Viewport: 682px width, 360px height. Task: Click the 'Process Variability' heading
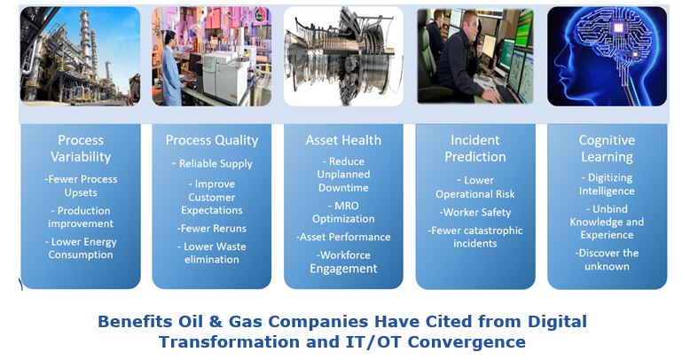pyautogui.click(x=81, y=148)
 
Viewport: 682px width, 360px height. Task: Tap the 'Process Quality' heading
pyautogui.click(x=212, y=140)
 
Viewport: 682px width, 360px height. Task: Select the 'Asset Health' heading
pyautogui.click(x=343, y=140)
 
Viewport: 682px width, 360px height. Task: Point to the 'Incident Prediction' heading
pyautogui.click(x=475, y=148)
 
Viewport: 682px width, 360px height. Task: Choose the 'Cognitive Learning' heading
pyautogui.click(x=607, y=148)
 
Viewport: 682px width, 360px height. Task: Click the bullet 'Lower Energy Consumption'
pyautogui.click(x=81, y=248)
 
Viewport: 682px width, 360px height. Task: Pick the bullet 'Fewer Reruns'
pyautogui.click(x=212, y=228)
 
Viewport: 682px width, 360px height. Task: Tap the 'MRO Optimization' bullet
pyautogui.click(x=343, y=212)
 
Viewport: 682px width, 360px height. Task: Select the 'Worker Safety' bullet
pyautogui.click(x=475, y=212)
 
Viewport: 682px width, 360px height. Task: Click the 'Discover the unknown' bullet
pyautogui.click(x=607, y=260)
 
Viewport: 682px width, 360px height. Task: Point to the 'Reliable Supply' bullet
pyautogui.click(x=212, y=163)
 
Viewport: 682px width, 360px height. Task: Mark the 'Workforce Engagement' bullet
pyautogui.click(x=343, y=262)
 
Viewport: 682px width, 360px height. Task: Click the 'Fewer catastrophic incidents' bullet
pyautogui.click(x=475, y=237)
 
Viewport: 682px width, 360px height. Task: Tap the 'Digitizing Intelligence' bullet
pyautogui.click(x=607, y=184)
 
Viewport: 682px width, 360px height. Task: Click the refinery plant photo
pyautogui.click(x=81, y=56)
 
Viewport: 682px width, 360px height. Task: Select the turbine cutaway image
pyautogui.click(x=343, y=56)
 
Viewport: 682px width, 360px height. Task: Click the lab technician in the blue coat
pyautogui.click(x=171, y=68)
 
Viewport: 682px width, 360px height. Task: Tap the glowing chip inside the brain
pyautogui.click(x=618, y=28)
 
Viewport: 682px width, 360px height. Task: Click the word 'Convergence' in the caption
pyautogui.click(x=466, y=341)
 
